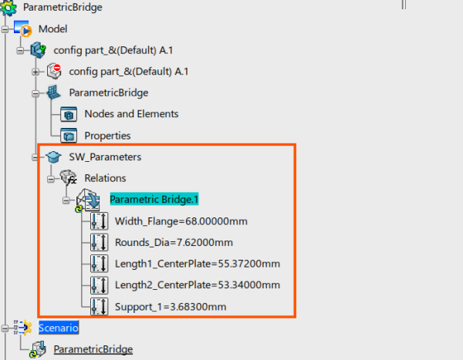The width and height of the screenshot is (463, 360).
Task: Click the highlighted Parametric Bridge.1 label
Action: [154, 199]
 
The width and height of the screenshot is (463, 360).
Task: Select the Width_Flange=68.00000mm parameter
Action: [181, 221]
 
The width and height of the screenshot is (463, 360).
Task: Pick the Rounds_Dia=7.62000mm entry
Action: [174, 242]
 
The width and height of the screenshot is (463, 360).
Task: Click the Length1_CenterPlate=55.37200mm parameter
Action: [198, 264]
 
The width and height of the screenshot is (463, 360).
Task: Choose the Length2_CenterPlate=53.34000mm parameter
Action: [198, 284]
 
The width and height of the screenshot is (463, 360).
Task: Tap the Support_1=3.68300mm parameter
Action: [171, 307]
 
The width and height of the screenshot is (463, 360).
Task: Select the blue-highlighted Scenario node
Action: [59, 328]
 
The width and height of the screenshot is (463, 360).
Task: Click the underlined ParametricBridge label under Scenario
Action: [93, 349]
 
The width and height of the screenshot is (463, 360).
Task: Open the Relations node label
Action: [105, 178]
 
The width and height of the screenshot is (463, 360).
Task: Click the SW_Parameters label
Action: [105, 156]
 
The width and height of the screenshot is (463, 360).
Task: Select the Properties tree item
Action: [107, 136]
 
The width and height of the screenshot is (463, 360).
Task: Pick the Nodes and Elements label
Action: [131, 113]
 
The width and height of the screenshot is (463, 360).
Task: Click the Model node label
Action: [52, 29]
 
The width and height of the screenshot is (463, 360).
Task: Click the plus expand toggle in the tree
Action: [35, 72]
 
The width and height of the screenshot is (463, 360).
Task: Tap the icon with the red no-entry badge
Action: [54, 71]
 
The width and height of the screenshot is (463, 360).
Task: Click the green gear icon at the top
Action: [8, 8]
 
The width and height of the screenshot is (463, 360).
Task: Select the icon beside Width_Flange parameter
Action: [100, 221]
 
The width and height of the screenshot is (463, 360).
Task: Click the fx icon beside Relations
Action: [69, 177]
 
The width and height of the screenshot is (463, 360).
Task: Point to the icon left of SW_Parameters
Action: [53, 156]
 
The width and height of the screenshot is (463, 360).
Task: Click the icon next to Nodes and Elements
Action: [69, 114]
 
